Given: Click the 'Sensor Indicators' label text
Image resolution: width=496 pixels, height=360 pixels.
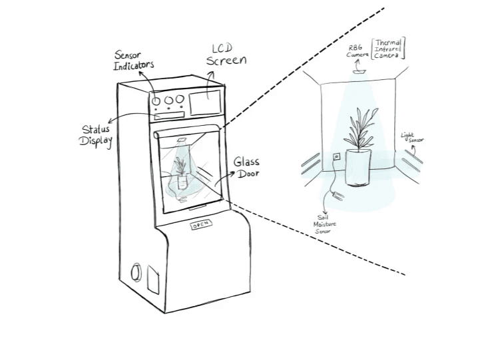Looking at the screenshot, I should point(134,59).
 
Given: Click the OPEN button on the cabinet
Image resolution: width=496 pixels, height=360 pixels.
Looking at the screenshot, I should point(201,225).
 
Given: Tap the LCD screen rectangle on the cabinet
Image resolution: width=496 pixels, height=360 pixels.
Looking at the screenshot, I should point(204,102).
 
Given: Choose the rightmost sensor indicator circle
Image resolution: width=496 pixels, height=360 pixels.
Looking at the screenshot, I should point(178,100).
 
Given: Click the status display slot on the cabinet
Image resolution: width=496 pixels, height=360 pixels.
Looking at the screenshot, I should point(168,116).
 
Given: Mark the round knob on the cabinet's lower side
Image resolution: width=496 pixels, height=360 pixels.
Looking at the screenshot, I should point(136,272).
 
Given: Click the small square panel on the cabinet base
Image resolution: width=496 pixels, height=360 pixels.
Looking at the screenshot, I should point(152,280).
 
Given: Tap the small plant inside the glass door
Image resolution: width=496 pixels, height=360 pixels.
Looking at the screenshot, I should point(180,169).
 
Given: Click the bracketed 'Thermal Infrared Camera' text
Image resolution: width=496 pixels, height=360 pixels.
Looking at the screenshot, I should point(389,47).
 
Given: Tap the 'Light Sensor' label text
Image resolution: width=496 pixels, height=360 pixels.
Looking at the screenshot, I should point(412,138).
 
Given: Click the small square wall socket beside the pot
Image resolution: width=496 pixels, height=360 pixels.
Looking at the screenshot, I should point(336,157).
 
